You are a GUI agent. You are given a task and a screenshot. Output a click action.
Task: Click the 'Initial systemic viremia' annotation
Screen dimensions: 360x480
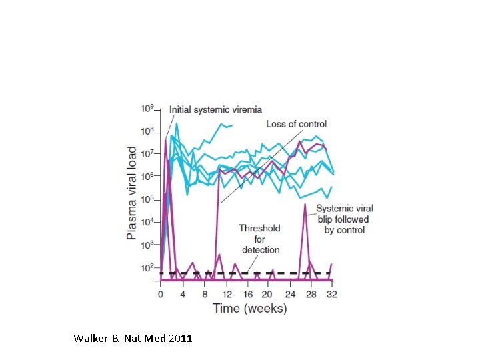(x=215, y=109)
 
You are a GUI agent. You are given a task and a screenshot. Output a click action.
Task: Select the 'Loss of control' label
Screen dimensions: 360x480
(x=296, y=124)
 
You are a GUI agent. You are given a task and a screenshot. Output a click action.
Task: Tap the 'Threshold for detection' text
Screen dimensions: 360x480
(x=259, y=239)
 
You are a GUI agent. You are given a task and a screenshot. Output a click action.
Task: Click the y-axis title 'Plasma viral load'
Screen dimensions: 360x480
(x=132, y=193)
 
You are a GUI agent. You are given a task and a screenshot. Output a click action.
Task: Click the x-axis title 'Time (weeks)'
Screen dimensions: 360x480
(x=249, y=308)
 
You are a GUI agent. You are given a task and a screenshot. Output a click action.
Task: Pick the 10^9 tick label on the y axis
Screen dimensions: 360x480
(x=147, y=108)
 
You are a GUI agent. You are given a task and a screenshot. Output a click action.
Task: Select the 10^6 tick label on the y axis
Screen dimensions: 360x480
(x=147, y=176)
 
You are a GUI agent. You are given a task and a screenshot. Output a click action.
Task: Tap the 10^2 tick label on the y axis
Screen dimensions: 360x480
(x=147, y=267)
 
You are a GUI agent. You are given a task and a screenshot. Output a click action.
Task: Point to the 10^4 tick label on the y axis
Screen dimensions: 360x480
(x=147, y=222)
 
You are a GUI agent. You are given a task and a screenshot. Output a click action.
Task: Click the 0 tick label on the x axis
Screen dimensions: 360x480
(x=160, y=294)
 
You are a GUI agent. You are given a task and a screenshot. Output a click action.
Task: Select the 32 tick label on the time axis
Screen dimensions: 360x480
(x=331, y=294)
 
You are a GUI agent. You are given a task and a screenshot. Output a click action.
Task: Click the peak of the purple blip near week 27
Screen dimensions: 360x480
(x=305, y=205)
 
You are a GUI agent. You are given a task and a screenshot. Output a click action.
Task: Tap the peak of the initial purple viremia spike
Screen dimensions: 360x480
(x=165, y=139)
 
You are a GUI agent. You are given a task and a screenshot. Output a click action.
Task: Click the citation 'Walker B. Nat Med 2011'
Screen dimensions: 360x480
(x=133, y=339)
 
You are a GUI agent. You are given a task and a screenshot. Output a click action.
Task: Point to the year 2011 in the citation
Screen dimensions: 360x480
(x=181, y=339)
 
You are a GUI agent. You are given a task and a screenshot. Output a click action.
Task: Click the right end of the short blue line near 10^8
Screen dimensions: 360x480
(x=231, y=125)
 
